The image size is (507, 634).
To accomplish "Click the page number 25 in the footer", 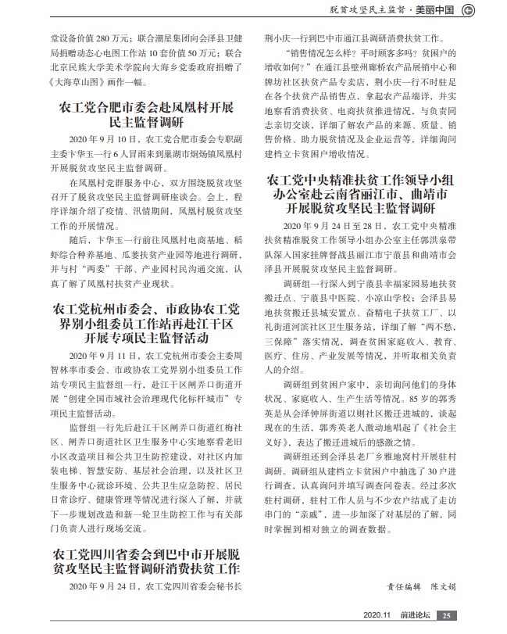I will click(444, 616).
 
